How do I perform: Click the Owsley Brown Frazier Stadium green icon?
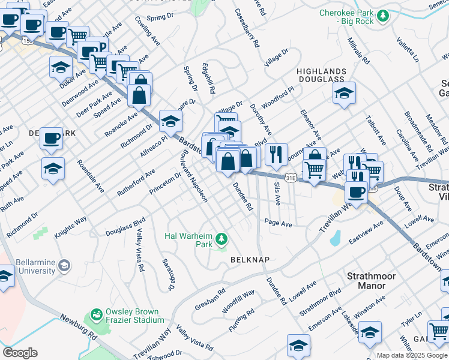95,314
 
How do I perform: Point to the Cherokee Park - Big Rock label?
346,17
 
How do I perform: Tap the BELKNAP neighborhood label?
249,260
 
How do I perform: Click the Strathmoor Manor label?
375,281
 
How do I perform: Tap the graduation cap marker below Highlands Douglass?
344,93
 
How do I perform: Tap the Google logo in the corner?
19,353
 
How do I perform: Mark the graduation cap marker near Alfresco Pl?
170,121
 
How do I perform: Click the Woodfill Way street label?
238,299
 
